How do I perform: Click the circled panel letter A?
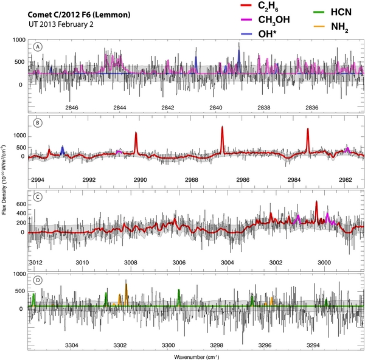[x=38, y=47]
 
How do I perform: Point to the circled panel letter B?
[x=38, y=122]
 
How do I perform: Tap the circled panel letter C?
[x=38, y=196]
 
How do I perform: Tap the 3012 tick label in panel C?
[x=36, y=262]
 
